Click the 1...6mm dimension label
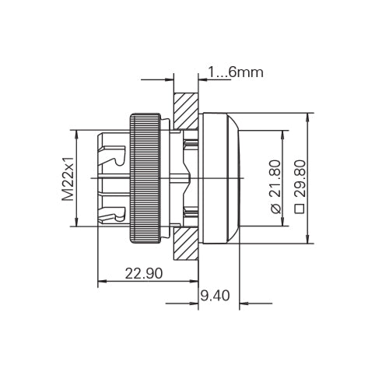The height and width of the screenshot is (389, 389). tap(236, 72)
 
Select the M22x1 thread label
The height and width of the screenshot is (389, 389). tap(68, 179)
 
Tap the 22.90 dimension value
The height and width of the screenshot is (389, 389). tap(144, 273)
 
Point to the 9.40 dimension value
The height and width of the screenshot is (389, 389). tap(216, 296)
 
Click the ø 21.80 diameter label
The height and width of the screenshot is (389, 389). tap(275, 187)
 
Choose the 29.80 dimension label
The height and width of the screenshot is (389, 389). tap(300, 179)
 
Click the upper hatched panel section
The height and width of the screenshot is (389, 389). tap(186, 111)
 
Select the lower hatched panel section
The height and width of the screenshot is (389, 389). tap(186, 244)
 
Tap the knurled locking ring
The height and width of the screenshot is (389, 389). tap(145, 178)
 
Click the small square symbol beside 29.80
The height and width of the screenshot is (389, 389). tap(300, 209)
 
